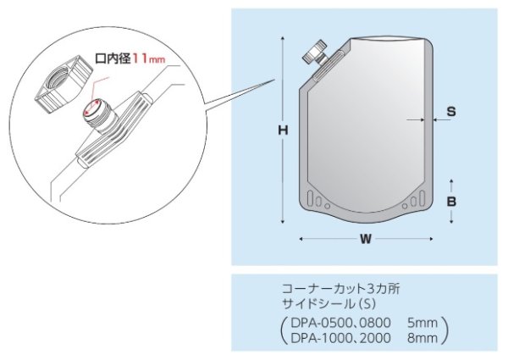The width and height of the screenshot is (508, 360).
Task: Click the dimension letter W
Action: [366, 239]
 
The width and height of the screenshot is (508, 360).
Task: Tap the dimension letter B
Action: [452, 202]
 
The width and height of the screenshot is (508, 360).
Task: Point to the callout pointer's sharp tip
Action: [276, 80]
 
